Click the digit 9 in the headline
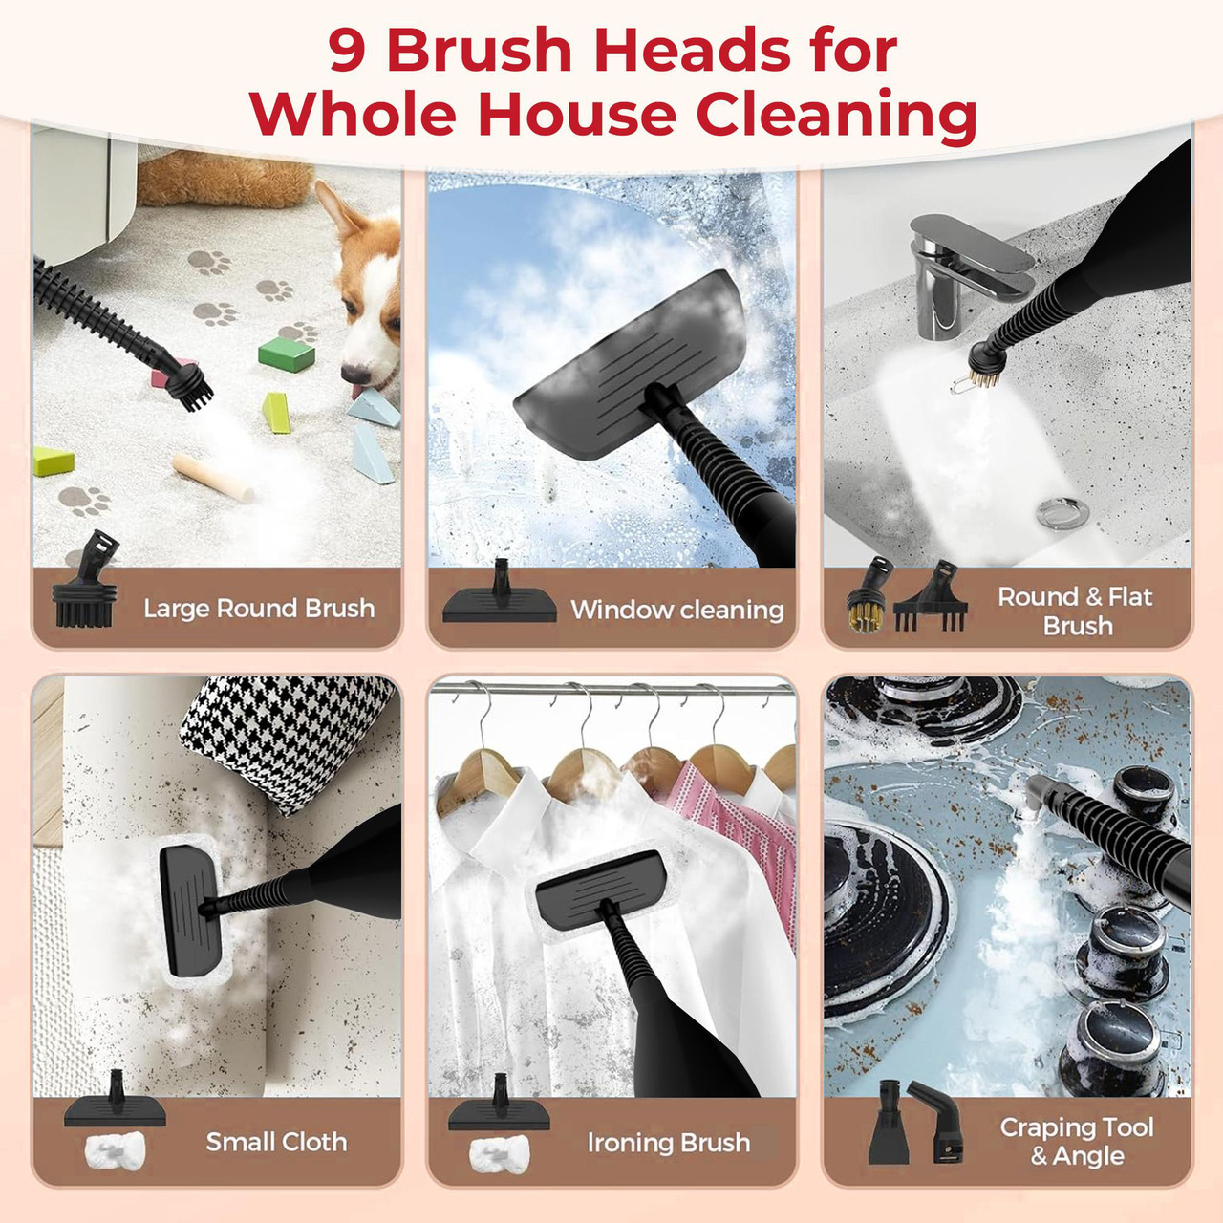[x=347, y=51]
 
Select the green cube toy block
[x=287, y=354]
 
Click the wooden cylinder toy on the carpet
[x=213, y=478]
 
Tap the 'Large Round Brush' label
[x=259, y=608]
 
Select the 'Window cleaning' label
[x=677, y=610]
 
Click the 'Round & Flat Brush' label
[x=1075, y=611]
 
